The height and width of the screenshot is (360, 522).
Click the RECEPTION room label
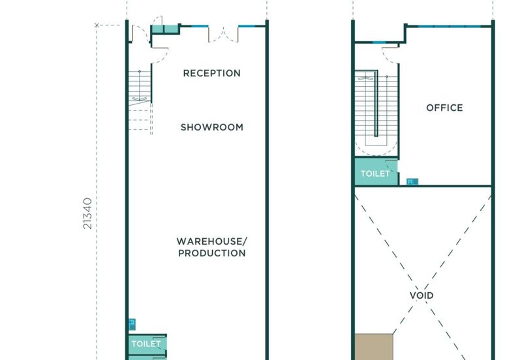coord(211,73)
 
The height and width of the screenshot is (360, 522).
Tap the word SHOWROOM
coord(211,127)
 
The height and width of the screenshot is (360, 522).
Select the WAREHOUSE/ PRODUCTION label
coord(211,247)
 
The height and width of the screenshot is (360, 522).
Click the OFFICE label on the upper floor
coord(444,108)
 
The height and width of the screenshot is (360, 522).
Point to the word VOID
coord(422,295)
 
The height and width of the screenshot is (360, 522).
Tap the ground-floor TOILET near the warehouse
coord(146,344)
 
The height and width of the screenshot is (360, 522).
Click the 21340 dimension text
coord(87,213)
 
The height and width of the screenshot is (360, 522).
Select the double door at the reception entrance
coord(223,36)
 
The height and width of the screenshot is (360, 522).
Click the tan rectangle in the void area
coord(374,347)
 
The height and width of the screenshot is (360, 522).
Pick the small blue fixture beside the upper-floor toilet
coord(412,182)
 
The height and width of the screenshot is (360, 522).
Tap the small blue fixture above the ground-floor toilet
coord(132,324)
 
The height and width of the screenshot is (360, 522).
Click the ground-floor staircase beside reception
coord(140,102)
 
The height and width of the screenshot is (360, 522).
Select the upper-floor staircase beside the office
coord(376,112)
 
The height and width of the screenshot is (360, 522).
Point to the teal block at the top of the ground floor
coord(166,29)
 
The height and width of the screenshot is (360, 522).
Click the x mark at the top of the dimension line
coord(97,25)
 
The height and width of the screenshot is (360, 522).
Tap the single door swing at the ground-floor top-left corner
coord(141,34)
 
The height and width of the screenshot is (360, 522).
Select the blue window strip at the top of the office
coord(449,26)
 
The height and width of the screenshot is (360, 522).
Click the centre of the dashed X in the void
coord(423,279)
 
